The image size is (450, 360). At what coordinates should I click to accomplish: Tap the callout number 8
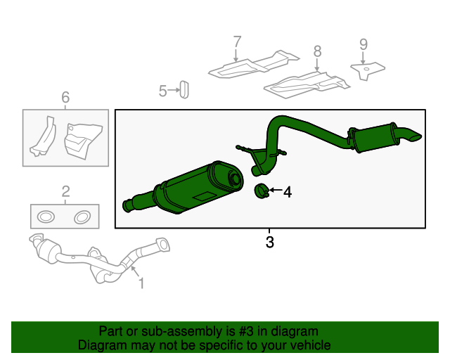tap(317, 51)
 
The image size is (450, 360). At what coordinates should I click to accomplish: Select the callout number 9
tap(363, 44)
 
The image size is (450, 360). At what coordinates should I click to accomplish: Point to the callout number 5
tap(162, 91)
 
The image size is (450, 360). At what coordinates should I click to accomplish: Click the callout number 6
tap(65, 98)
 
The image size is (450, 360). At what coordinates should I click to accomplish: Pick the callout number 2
tap(65, 191)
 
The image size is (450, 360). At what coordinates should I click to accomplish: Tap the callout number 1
tap(141, 283)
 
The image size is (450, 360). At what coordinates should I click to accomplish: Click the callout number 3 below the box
tap(269, 243)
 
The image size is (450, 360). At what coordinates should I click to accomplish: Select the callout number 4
tap(287, 191)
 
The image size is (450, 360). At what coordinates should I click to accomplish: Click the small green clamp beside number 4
tap(261, 191)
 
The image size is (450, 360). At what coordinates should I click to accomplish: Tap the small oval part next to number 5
tap(184, 89)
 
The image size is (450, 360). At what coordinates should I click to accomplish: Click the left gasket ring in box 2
tap(44, 217)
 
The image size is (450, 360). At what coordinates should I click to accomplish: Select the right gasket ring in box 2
tap(82, 217)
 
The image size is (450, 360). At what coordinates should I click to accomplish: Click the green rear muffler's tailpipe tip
tap(412, 136)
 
